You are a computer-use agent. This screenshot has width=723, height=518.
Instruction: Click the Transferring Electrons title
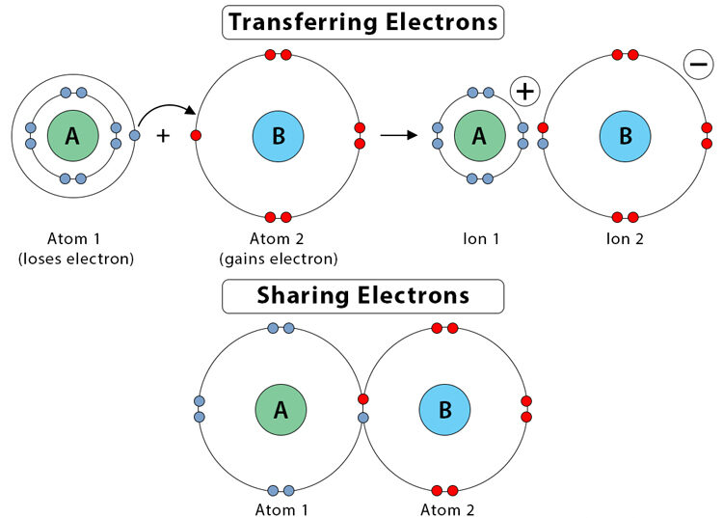pyautogui.click(x=361, y=21)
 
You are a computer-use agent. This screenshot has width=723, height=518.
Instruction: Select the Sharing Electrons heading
pyautogui.click(x=361, y=295)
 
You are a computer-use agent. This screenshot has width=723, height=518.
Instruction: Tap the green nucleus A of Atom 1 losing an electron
pyautogui.click(x=72, y=136)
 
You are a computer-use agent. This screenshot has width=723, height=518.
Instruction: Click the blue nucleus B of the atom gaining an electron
pyautogui.click(x=279, y=136)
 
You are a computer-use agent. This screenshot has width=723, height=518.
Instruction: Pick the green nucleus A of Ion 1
pyautogui.click(x=479, y=136)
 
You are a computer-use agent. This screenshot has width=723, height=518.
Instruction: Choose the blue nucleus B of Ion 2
pyautogui.click(x=626, y=136)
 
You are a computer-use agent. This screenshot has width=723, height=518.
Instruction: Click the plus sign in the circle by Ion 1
pyautogui.click(x=525, y=92)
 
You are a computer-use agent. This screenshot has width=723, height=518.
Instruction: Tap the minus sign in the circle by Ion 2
pyautogui.click(x=697, y=65)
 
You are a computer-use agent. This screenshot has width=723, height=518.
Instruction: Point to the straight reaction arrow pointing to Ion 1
pyautogui.click(x=398, y=135)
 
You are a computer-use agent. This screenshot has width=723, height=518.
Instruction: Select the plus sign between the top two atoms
pyautogui.click(x=163, y=136)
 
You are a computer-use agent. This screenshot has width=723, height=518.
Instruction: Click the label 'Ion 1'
pyautogui.click(x=479, y=237)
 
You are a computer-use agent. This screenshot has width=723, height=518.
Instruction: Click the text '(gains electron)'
pyautogui.click(x=279, y=258)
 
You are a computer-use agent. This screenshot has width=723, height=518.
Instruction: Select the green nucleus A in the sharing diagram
pyautogui.click(x=281, y=410)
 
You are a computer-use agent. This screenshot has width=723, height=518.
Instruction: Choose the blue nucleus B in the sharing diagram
pyautogui.click(x=445, y=410)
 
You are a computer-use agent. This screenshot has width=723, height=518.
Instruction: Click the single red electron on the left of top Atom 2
pyautogui.click(x=197, y=136)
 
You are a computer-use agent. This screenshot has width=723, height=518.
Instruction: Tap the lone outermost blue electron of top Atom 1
pyautogui.click(x=134, y=135)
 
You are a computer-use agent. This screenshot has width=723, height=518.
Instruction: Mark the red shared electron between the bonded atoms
pyautogui.click(x=363, y=399)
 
